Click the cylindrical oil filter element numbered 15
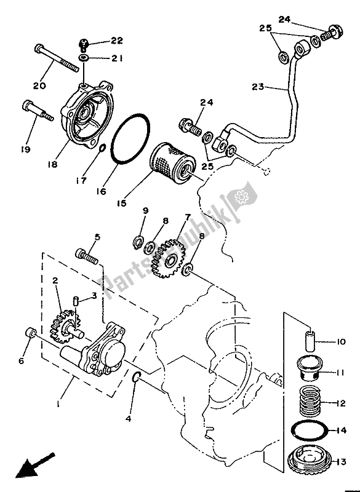[x=173, y=163]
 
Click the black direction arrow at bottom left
[x=35, y=465]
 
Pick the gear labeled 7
[x=168, y=258]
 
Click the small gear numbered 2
[x=65, y=326]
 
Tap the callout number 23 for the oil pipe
[x=258, y=87]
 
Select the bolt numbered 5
[x=87, y=256]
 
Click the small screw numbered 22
[x=82, y=44]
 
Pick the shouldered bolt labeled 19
[x=38, y=111]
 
